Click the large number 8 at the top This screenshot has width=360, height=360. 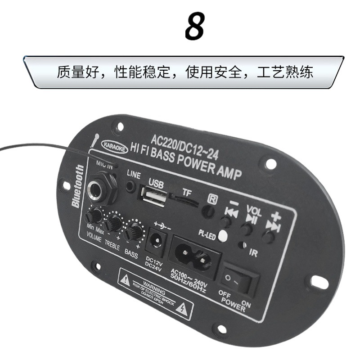pos(194,27)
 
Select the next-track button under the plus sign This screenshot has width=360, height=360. pos(269,237)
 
